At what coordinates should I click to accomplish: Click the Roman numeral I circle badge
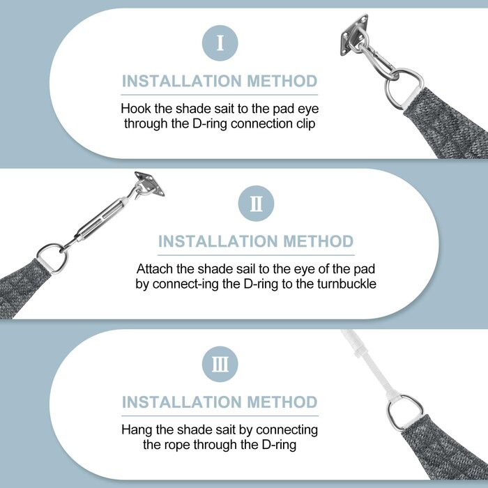pos(220,43)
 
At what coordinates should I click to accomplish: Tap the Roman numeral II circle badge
pos(256,204)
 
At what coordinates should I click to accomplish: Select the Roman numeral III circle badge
pos(220,364)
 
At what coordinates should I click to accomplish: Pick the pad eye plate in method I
pos(353,35)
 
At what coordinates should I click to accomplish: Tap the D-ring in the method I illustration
pos(390,93)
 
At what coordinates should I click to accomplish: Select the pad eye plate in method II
pos(150,184)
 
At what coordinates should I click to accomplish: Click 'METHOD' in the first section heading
pos(282,82)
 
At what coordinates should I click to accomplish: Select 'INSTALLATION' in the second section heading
pos(218,241)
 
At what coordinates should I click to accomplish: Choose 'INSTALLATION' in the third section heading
pos(182,402)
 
